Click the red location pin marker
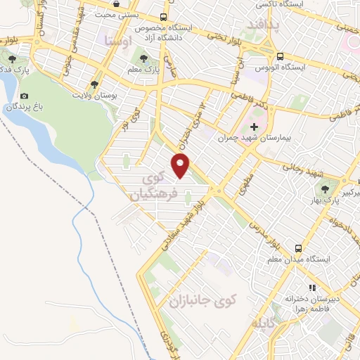(181, 165)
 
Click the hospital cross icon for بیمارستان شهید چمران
(254, 127)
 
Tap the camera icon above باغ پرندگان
(25, 96)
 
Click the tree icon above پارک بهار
(324, 188)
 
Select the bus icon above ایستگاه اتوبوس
(280, 57)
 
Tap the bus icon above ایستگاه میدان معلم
(298, 248)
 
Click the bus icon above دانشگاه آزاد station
(164, 17)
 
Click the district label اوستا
(117, 41)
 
